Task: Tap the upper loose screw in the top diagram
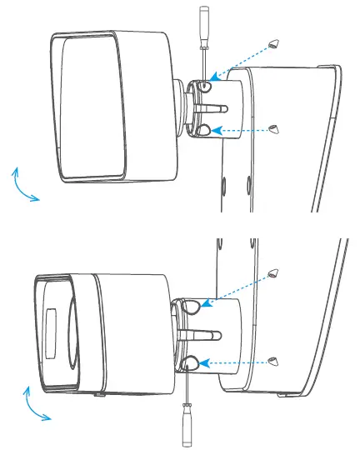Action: click(275, 45)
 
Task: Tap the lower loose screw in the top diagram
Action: click(275, 128)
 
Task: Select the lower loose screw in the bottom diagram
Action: click(274, 361)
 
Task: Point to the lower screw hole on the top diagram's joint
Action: click(205, 130)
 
